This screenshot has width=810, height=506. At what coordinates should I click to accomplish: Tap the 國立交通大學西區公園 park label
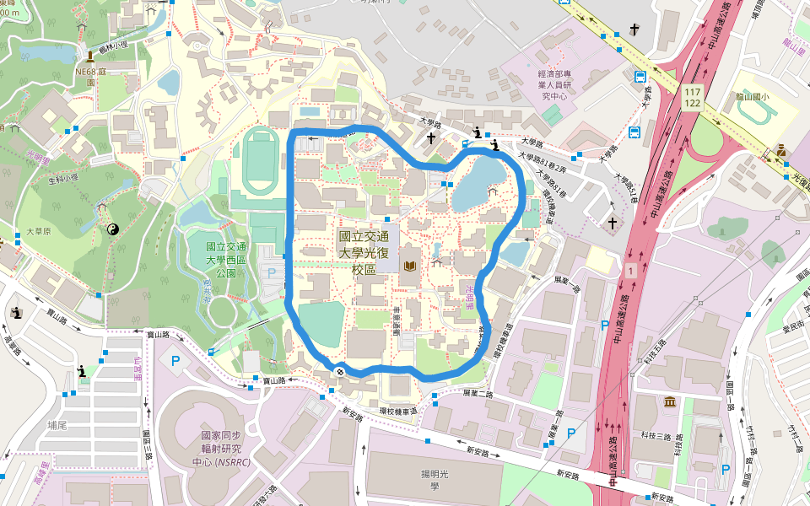coord(227,260)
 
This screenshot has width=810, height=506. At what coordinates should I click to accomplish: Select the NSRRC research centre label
coord(222,449)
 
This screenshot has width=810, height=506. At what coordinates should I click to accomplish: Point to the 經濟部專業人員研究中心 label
coord(556,85)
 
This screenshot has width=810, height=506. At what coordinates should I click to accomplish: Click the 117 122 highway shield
coord(693,96)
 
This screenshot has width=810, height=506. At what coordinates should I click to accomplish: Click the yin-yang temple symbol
coord(111,229)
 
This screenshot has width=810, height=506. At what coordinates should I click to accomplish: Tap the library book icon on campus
coord(410,266)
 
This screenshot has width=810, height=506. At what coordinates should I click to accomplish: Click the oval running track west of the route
coord(258,159)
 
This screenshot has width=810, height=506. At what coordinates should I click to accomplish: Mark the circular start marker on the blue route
coord(339,371)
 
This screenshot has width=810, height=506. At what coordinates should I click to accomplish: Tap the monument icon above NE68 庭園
coord(89,57)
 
